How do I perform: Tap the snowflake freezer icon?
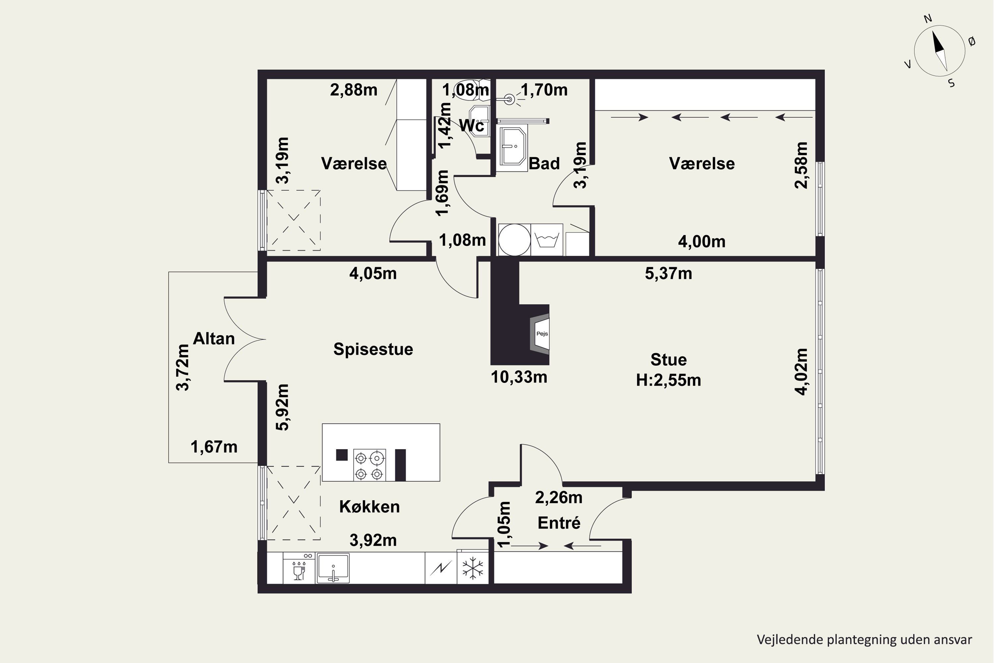472,568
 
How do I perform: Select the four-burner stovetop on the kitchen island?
369,465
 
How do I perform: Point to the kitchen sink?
333,568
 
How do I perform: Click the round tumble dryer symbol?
514,240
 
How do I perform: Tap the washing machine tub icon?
547,240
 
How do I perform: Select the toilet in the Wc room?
471,90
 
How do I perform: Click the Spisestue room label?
373,349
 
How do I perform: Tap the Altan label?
214,339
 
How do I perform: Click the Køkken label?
369,507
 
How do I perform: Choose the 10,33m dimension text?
519,377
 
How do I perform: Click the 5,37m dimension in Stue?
669,273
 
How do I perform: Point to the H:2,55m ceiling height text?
669,380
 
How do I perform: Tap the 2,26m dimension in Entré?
559,498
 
